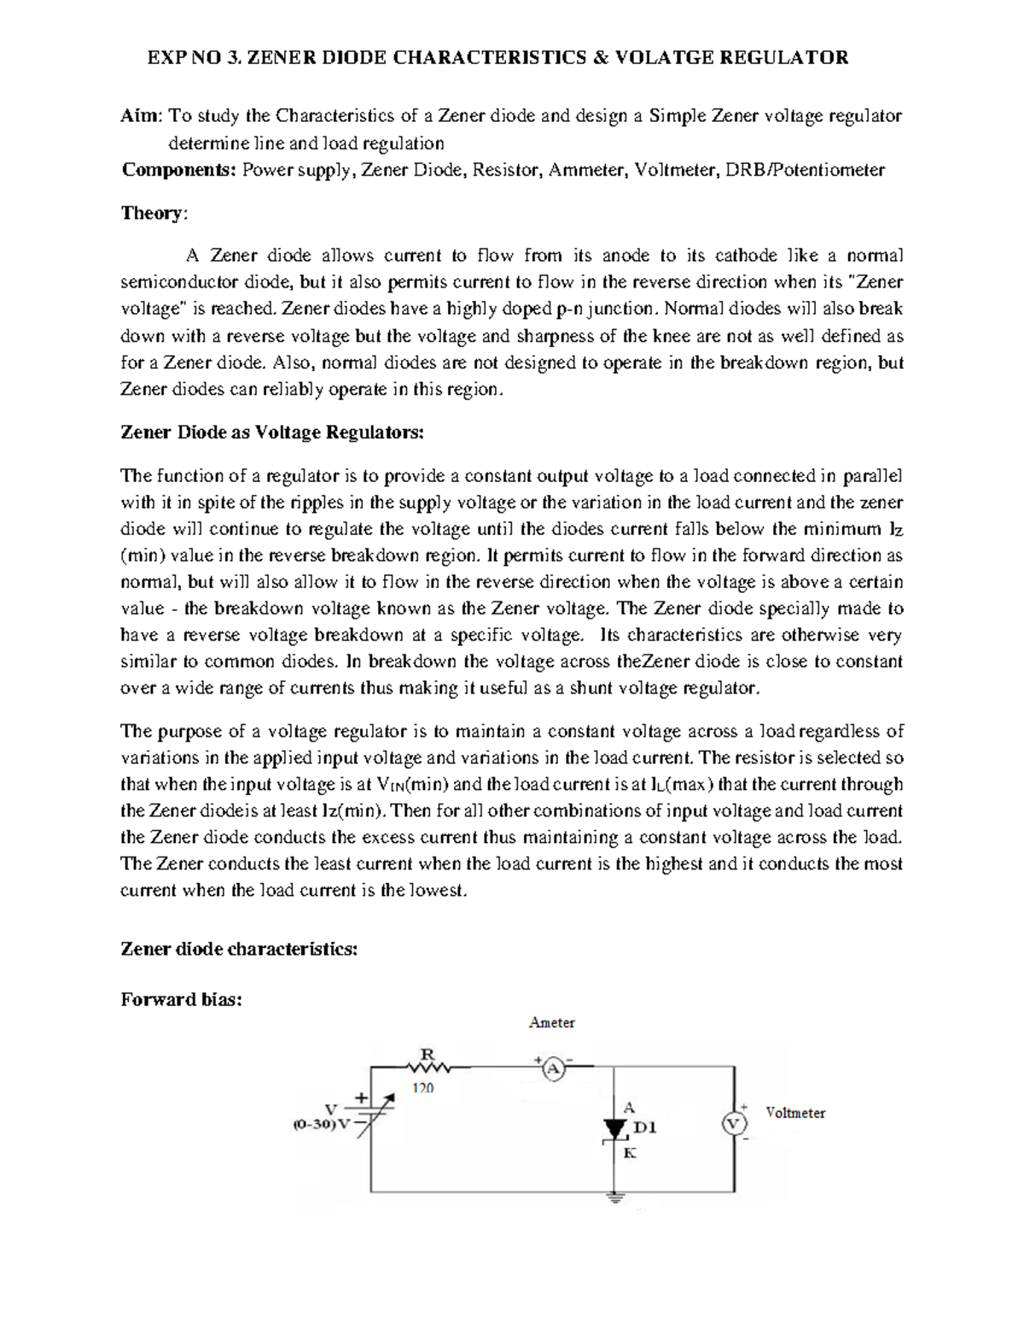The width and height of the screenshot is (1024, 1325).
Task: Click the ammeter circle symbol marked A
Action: coord(552,1068)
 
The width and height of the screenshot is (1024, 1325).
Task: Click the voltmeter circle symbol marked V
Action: coord(731,1124)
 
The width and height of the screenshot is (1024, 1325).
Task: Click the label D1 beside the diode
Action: coord(645,1128)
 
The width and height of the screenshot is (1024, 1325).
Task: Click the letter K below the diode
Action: coord(630,1153)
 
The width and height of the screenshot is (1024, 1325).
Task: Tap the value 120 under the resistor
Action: coord(423,1088)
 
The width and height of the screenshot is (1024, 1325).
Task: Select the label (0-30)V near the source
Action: coord(321,1124)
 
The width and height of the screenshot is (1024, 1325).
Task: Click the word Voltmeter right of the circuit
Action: coord(795,1113)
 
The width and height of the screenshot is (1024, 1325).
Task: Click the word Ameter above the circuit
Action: coord(552,1022)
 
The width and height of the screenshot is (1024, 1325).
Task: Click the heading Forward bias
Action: coord(181,999)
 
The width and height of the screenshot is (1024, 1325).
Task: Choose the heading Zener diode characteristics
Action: coord(239,949)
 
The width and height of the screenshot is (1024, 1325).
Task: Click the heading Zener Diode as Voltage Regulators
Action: coord(271,433)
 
